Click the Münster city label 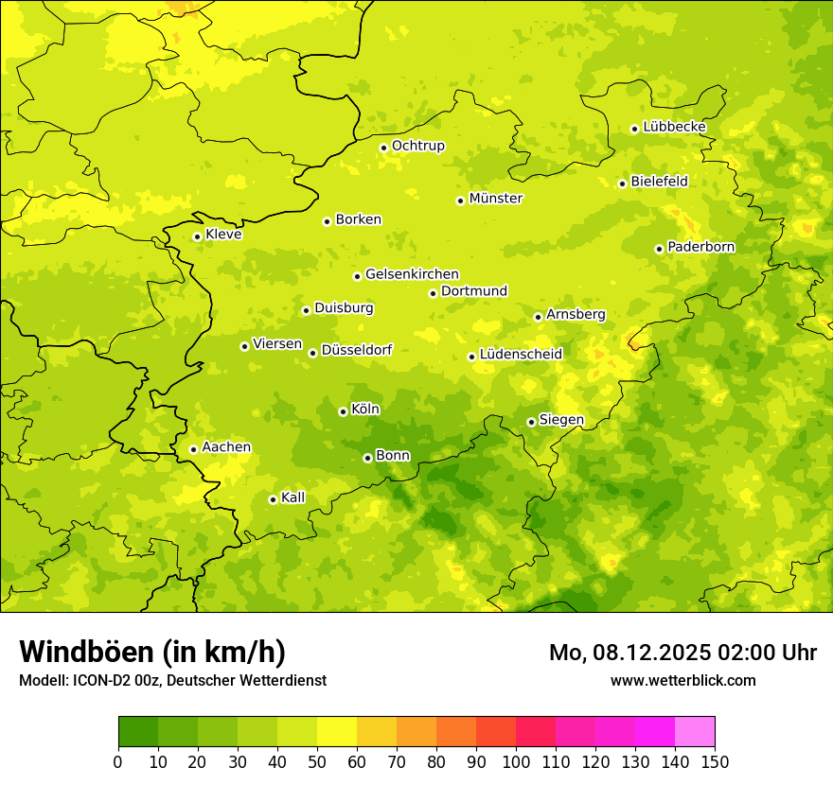coord(495,199)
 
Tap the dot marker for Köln coord(343,411)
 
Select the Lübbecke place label coord(674,127)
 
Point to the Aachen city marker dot coord(193,449)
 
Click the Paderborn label coord(700,247)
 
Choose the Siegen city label coord(561,420)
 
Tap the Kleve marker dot coord(197,236)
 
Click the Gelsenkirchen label coord(412,274)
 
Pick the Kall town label coord(292,497)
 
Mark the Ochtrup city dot coord(383,148)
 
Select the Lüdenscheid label coord(521,355)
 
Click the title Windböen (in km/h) coord(152,652)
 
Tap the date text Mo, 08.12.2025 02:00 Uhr coord(682,653)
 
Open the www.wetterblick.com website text coord(682,680)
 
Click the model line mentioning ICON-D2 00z coord(172,680)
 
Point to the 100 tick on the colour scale coord(516,761)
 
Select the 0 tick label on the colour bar coord(118,761)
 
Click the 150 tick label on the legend coord(715,761)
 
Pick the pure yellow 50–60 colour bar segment coord(337,732)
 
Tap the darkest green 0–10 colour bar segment coord(138,732)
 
